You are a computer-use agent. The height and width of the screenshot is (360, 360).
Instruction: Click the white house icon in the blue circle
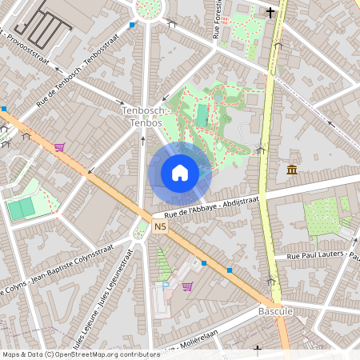[179, 173]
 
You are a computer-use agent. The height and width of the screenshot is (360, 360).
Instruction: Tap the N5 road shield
[160, 227]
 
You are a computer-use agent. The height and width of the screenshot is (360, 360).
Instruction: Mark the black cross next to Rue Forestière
[271, 13]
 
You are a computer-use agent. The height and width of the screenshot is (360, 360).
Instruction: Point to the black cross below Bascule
[258, 350]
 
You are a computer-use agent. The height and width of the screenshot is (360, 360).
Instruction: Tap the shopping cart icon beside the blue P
[188, 286]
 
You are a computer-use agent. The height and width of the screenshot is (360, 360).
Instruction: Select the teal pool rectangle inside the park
[202, 114]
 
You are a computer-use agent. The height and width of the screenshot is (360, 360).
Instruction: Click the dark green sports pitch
[22, 208]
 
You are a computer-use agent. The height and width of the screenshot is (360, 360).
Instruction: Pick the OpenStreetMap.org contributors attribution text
[76, 354]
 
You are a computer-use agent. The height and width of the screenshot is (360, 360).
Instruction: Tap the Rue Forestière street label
[216, 20]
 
